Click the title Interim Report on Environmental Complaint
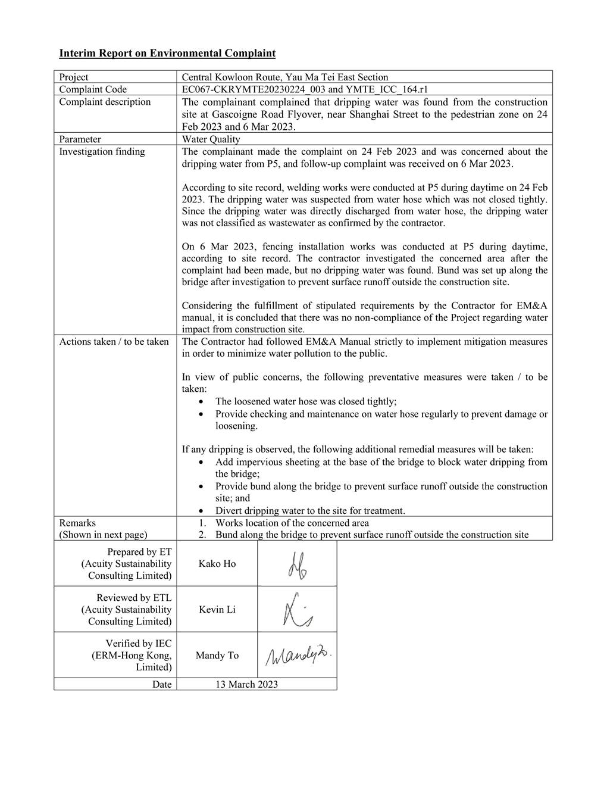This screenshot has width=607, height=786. coord(167,54)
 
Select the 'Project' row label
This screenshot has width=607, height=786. coord(74,77)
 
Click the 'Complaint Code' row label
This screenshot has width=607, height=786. coord(93,89)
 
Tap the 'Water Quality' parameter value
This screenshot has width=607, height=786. coord(211,139)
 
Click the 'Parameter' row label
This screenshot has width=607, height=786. coord(80,139)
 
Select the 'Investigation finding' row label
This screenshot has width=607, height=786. coord(102,152)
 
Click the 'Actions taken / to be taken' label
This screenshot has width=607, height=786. coord(114,342)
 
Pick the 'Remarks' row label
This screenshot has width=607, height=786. coord(77,523)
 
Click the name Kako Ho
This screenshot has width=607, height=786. coord(217,564)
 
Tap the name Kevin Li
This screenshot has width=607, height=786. coord(217,610)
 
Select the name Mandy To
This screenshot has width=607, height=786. coord(217,656)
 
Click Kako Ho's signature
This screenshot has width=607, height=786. coord(297,564)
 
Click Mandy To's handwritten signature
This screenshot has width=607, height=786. coord(298,656)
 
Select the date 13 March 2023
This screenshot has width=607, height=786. coord(246,685)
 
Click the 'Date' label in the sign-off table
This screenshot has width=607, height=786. coord(161,685)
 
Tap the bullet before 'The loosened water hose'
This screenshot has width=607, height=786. coord(204,402)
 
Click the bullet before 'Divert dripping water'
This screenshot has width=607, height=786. coord(204,511)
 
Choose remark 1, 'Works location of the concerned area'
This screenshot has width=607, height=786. coord(292,523)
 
